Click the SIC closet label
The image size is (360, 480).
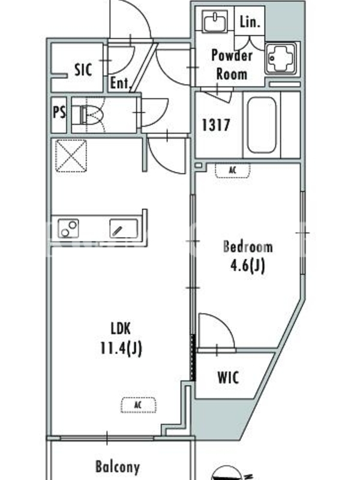(83, 70)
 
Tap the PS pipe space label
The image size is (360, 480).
(59, 112)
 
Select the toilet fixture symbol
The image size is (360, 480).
(92, 115)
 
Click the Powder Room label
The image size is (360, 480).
(232, 65)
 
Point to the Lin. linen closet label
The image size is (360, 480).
(250, 22)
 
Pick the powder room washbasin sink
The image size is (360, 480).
(215, 21)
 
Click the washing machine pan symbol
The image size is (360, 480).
(281, 58)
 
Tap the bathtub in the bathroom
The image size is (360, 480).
(262, 125)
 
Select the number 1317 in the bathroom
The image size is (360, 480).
(216, 125)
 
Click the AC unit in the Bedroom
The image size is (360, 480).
(233, 171)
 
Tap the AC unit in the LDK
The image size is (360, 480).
(138, 405)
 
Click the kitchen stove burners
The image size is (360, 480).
(68, 229)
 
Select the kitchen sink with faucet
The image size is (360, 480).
(124, 229)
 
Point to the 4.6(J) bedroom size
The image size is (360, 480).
(247, 266)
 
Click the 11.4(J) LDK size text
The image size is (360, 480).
(121, 348)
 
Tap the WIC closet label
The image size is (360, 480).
(228, 377)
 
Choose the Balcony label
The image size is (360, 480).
(118, 467)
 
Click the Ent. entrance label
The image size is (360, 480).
(121, 83)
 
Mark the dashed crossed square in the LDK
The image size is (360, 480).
(71, 155)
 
